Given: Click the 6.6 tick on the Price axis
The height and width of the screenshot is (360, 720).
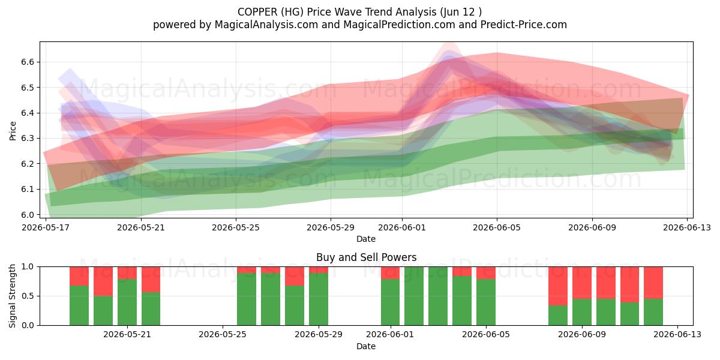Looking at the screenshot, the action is point(28,62).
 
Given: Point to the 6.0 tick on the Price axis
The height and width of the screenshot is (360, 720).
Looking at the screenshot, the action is point(28,215).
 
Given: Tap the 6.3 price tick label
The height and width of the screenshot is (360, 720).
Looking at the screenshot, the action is point(28,139).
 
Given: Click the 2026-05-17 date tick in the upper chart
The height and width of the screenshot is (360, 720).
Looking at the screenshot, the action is point(46,228).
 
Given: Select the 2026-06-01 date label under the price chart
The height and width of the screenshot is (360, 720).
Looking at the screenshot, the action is point(402,228).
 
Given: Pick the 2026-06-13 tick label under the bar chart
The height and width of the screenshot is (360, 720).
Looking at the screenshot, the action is point(677,335).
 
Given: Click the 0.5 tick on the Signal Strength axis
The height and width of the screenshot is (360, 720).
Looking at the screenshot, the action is point(28,296).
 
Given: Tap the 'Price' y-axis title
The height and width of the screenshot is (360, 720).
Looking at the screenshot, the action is point(13,131).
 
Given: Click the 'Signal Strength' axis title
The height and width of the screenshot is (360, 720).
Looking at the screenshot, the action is point(12,296).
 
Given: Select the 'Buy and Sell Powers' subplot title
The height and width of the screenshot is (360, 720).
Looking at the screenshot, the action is point(366,257).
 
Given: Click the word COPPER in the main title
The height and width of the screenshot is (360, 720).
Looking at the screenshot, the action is point(257,12).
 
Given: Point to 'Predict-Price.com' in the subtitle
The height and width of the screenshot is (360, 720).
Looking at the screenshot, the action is point(524,25).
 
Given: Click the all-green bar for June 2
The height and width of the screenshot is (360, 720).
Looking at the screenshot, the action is point(414,296).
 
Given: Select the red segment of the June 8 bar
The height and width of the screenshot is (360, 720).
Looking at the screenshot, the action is point(558,286).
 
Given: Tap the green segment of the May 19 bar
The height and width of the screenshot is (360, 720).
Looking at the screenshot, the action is point(79,305).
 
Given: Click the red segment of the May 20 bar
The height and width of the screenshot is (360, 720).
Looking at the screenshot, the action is point(103,281).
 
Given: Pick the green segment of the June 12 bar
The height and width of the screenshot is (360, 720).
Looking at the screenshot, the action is point(653,312).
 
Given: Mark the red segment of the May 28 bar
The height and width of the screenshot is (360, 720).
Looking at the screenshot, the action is point(295,276).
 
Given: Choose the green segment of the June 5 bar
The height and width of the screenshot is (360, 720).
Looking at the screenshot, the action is point(486,302).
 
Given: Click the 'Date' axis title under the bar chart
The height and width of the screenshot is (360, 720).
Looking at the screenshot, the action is point(366,346).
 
